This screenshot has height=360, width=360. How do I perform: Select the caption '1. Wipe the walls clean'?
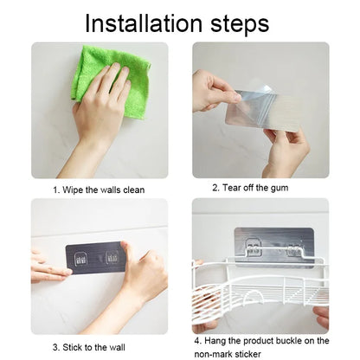point(97,190)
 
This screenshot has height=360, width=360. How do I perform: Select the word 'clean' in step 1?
point(132,190)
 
